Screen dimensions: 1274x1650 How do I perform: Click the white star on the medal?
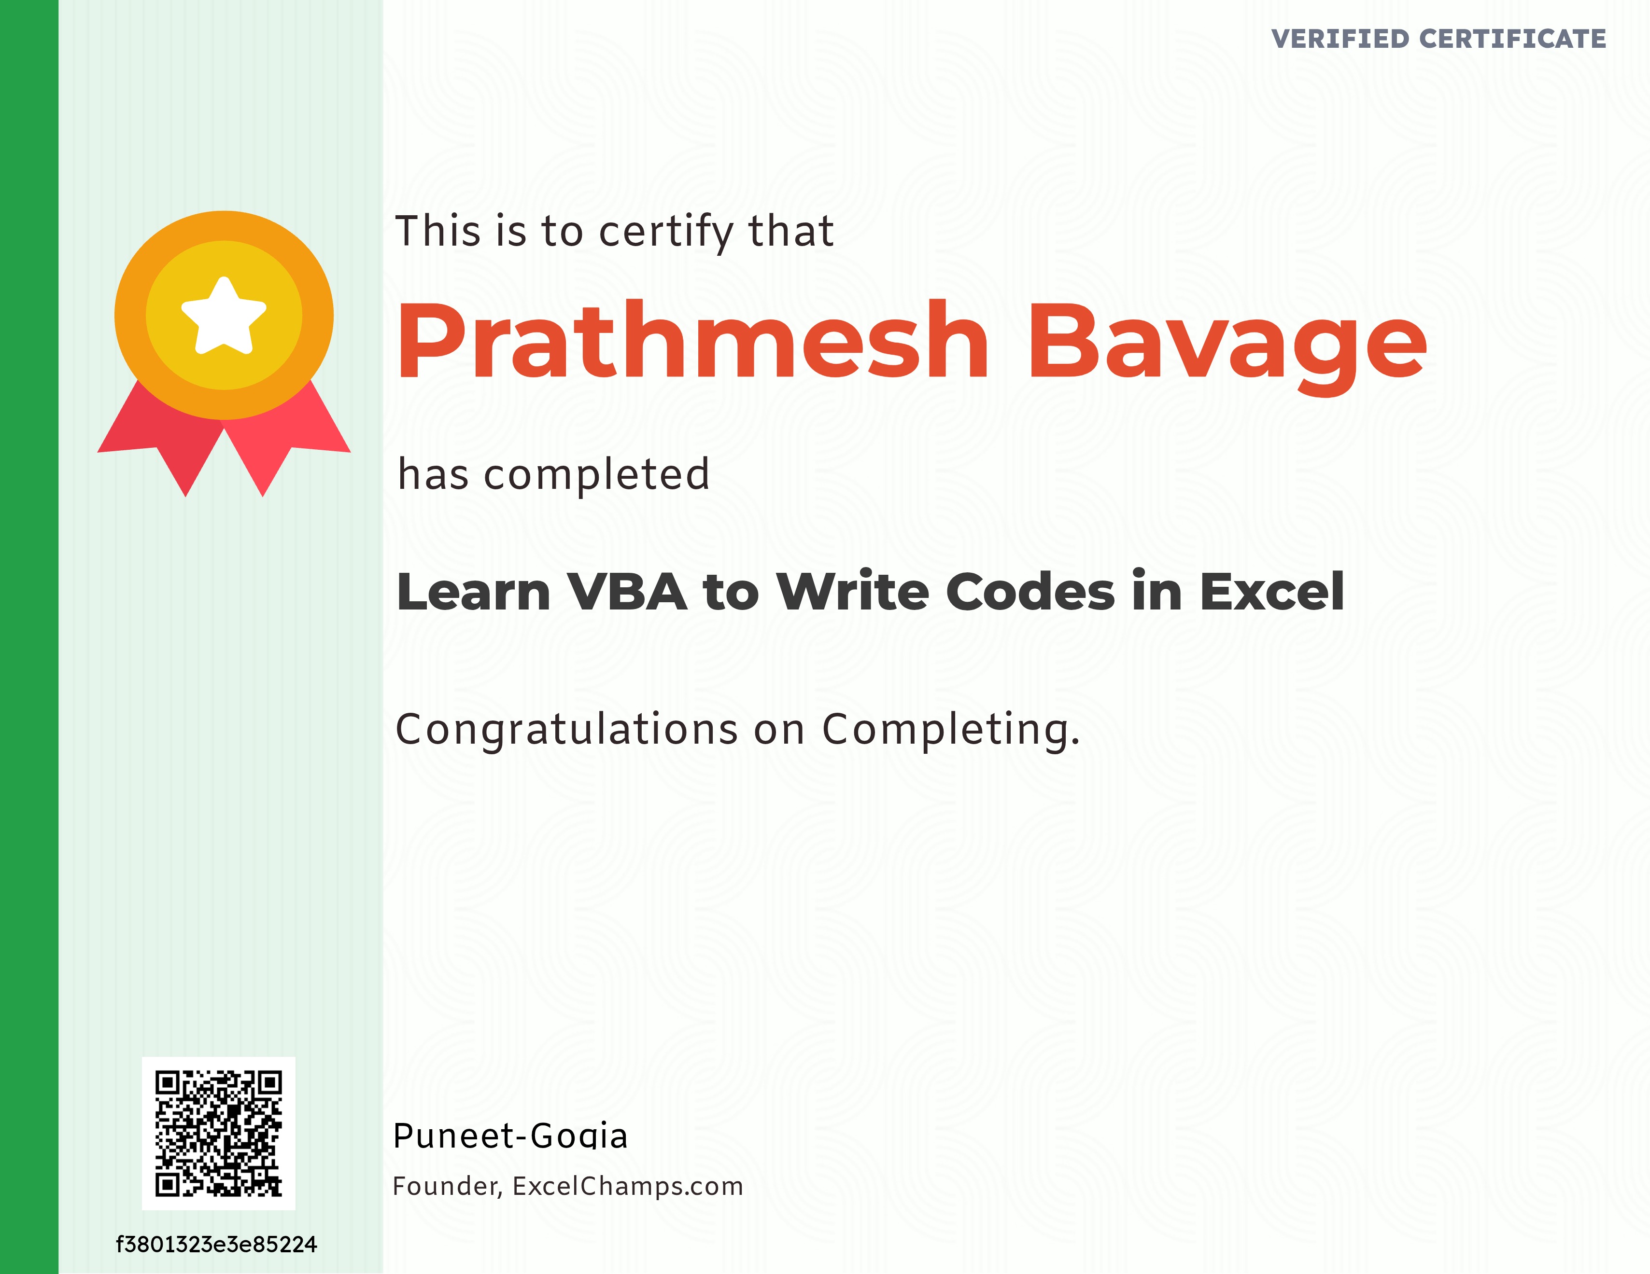tap(224, 316)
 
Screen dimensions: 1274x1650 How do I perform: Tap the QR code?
tap(218, 1133)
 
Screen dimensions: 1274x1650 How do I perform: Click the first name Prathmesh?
tap(692, 341)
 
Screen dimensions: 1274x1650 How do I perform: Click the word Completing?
tap(950, 730)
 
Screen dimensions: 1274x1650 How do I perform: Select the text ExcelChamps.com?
tap(628, 1186)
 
